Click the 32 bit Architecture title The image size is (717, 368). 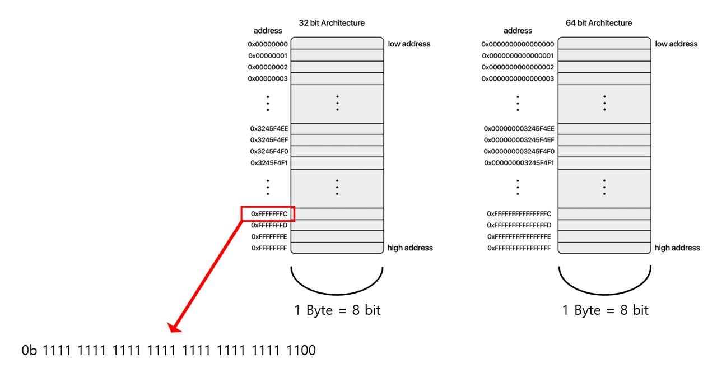point(332,23)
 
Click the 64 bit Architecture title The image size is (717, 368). point(599,23)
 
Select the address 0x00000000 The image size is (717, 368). point(268,44)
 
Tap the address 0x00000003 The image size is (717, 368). point(268,79)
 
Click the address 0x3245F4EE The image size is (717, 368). point(269,129)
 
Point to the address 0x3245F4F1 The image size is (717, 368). point(269,163)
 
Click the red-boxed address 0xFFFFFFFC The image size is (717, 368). point(269,214)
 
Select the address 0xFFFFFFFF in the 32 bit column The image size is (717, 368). point(269,248)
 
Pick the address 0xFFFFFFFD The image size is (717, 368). point(269,225)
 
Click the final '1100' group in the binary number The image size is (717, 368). point(301,351)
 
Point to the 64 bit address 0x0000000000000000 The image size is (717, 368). point(518,44)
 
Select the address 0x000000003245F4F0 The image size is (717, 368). point(519,152)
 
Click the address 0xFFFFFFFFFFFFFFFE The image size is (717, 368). point(519,237)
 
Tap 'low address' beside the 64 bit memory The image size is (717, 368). point(676,44)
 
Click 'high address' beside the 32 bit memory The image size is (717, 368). point(410,248)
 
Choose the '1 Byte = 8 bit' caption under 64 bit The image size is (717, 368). point(606,310)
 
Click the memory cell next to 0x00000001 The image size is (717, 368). point(337,55)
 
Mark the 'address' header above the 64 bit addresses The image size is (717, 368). point(518,31)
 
